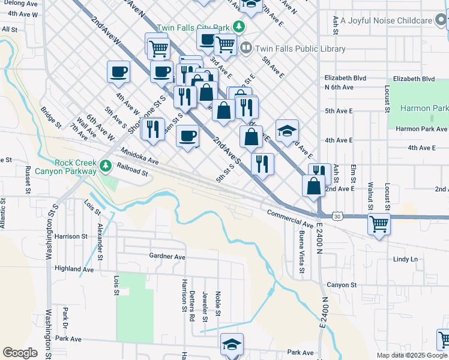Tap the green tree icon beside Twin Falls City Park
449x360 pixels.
tap(240, 27)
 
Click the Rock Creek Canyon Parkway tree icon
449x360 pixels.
tap(106, 164)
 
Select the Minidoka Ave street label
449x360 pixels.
tap(139, 157)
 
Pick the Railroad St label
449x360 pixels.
tap(132, 171)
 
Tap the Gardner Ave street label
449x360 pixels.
tap(167, 256)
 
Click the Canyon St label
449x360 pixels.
tap(342, 284)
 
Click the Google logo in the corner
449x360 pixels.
tap(20, 353)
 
